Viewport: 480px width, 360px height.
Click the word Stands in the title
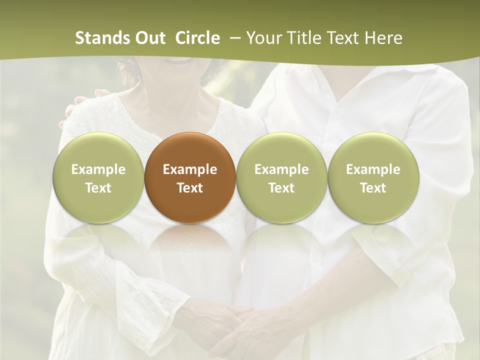(98, 38)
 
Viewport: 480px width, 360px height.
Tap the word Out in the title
(149, 38)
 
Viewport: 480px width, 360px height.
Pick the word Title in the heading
(304, 38)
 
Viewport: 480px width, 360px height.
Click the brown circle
(189, 177)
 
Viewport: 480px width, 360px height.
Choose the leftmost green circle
(98, 177)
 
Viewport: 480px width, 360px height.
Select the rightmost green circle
(373, 177)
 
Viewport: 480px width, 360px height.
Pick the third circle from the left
(281, 177)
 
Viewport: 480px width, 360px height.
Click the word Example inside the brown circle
(190, 169)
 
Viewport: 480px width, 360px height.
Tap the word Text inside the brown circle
(190, 188)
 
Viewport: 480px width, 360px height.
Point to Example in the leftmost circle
(98, 169)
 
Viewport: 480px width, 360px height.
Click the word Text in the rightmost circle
(373, 188)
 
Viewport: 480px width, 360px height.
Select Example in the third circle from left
(281, 169)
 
